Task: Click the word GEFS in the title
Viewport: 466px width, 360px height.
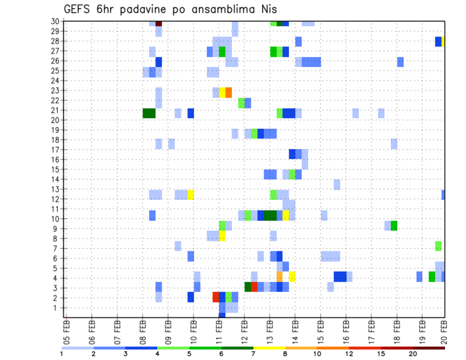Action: (78, 9)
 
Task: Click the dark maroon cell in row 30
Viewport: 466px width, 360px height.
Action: (159, 23)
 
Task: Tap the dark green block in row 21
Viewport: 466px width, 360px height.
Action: (149, 113)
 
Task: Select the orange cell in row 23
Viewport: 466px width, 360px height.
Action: (229, 92)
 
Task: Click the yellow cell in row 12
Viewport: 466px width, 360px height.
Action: (191, 195)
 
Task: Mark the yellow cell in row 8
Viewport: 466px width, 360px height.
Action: (222, 236)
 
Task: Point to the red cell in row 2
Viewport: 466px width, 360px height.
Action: (216, 296)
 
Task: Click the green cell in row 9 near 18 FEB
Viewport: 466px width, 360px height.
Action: (394, 226)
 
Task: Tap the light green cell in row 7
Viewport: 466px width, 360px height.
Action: (438, 245)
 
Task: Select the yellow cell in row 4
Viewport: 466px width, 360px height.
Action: (292, 277)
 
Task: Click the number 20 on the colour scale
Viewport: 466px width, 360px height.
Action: (413, 353)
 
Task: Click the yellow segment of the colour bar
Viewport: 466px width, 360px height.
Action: (269, 347)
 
